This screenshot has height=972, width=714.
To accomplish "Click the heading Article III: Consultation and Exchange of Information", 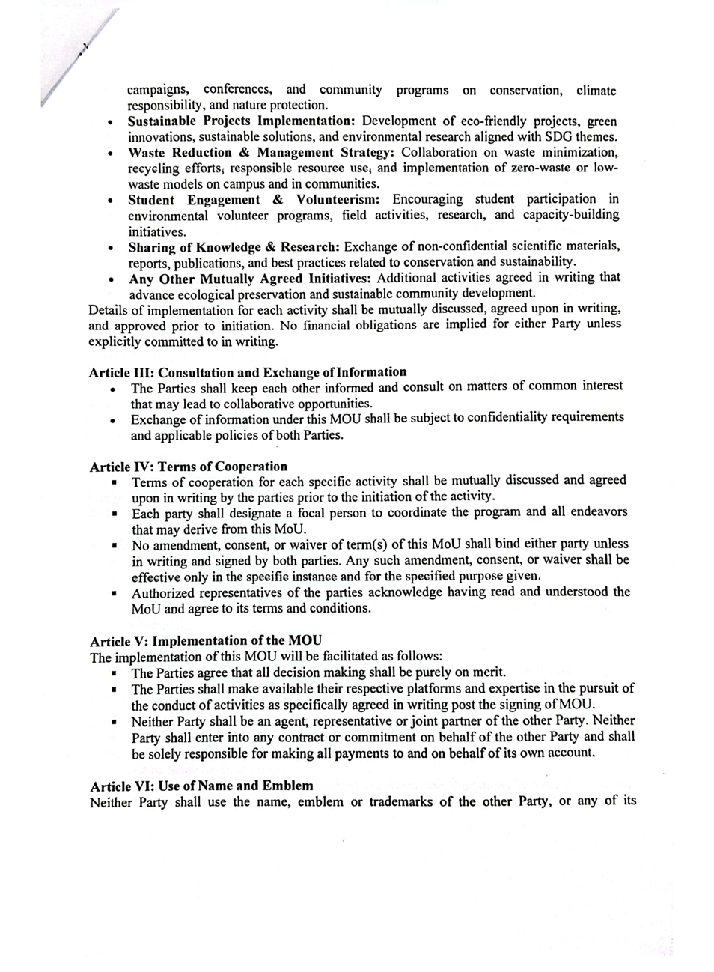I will click(248, 372).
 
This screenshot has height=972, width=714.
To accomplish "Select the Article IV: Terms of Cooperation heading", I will click(188, 467).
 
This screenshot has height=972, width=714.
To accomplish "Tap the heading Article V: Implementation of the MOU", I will click(206, 641).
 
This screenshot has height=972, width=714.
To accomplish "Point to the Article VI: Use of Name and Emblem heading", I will click(201, 786).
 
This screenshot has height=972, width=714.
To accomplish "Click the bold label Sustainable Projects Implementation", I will click(240, 121).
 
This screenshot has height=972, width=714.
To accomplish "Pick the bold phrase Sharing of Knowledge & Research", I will click(234, 247).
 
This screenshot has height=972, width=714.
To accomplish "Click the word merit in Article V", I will click(489, 672).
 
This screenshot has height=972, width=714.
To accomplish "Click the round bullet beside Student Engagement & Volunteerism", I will click(110, 201).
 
